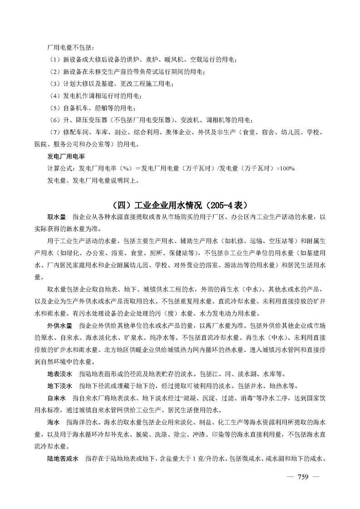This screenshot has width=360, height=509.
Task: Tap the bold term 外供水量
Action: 60,326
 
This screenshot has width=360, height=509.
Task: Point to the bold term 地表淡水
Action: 60,375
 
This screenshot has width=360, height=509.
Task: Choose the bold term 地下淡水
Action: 60,387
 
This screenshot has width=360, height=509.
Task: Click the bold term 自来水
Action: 57,399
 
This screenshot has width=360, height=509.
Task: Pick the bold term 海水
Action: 54,423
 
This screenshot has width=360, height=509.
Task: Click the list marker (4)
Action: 54,96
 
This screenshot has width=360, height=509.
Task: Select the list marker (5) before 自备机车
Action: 54,108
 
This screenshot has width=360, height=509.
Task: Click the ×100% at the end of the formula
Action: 285,169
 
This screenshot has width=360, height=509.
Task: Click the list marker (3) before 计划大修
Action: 54,84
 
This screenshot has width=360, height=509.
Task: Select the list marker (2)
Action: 54,72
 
